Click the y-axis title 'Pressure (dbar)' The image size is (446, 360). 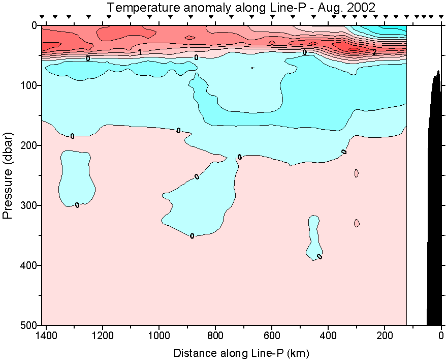click(x=7, y=175)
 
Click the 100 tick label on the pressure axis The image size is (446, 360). click(x=29, y=85)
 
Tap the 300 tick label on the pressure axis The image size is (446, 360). click(x=29, y=205)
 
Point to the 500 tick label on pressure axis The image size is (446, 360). click(x=29, y=325)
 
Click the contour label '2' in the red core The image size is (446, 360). click(x=374, y=52)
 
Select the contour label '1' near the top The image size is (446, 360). click(x=140, y=51)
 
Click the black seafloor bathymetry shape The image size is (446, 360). click(x=435, y=203)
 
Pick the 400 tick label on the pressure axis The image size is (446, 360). click(x=29, y=265)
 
